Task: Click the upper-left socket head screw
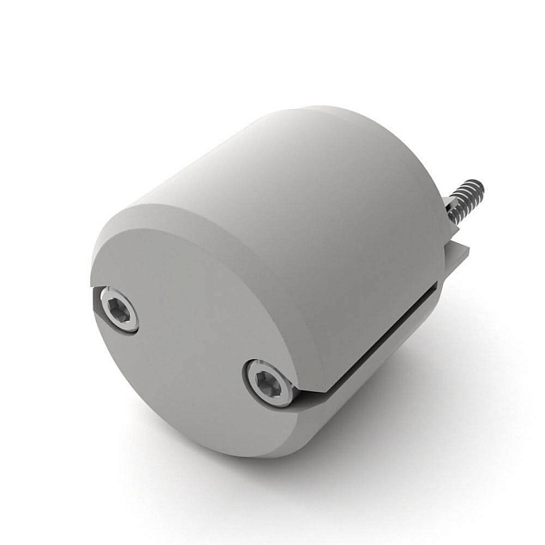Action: coord(119,309)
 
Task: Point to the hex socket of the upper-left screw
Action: coord(119,309)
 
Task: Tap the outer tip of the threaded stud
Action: coord(478,185)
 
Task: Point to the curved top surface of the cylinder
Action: coord(285,173)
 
